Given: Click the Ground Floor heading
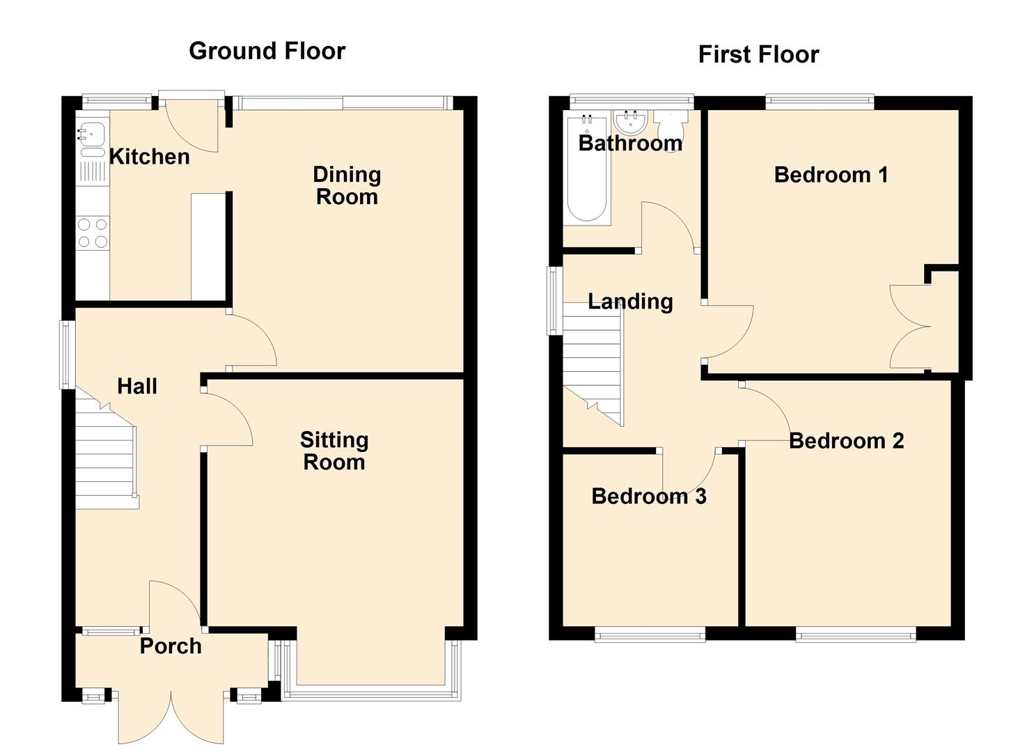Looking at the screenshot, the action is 267,51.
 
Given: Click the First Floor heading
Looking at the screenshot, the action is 758,54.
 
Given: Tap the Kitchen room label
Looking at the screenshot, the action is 150,157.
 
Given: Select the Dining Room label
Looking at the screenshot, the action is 347,186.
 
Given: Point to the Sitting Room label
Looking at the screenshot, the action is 334,451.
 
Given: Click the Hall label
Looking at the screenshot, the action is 137,386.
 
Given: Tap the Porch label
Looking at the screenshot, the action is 171,646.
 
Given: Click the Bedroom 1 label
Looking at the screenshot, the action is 831,175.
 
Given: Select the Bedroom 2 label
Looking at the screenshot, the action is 847,441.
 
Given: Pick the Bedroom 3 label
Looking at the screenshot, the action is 649,496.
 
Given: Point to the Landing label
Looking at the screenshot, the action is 631,302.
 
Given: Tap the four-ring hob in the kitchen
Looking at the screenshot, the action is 93,233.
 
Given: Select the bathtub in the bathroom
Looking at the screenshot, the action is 587,169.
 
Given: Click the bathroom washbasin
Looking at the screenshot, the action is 631,121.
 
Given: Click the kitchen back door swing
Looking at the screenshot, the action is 191,125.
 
